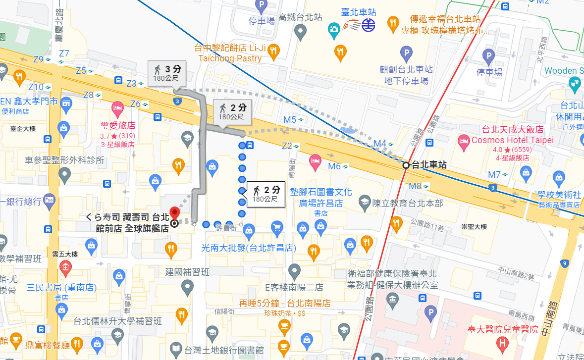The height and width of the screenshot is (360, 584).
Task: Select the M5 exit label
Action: pos(290,119)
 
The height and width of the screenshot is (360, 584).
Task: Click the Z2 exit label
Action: pos(287,146)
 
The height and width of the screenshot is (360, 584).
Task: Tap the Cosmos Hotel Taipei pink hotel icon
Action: pos(464,140)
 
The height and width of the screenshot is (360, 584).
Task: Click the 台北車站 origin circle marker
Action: pos(406,165)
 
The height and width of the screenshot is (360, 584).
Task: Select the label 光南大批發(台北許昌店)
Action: pos(249,248)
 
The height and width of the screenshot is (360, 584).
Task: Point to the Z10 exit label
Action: pos(36,87)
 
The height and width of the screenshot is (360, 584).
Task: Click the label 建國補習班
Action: pos(188,272)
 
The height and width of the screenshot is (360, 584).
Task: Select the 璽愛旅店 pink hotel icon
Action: pos(117,107)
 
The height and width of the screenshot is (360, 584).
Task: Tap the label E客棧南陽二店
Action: pos(294,287)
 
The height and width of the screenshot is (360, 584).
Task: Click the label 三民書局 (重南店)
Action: pos(62,287)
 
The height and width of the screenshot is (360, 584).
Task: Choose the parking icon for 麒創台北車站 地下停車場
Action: pos(406,52)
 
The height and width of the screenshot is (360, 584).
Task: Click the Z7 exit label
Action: pos(64,53)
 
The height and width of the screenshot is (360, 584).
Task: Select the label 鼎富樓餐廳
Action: pos(48,345)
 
